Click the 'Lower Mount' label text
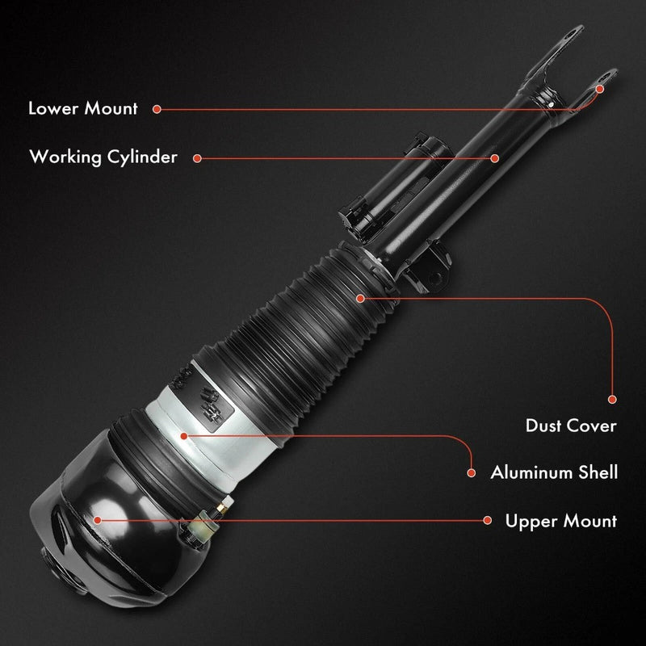click(x=83, y=108)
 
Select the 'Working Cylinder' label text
click(x=103, y=157)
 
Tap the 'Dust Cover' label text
click(x=571, y=426)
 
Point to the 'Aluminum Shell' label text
click(x=554, y=472)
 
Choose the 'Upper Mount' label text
click(x=561, y=522)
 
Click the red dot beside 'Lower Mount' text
click(x=157, y=109)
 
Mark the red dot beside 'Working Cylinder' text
click(x=197, y=158)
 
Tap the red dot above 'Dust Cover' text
click(x=612, y=399)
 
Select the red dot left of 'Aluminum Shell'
click(x=472, y=473)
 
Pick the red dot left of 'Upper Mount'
click(x=488, y=520)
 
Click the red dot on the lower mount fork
click(x=600, y=89)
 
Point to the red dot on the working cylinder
click(x=495, y=158)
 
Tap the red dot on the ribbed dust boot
click(x=360, y=298)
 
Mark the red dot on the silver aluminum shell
click(x=184, y=436)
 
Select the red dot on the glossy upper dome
click(x=98, y=520)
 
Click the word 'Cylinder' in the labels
click(x=142, y=157)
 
